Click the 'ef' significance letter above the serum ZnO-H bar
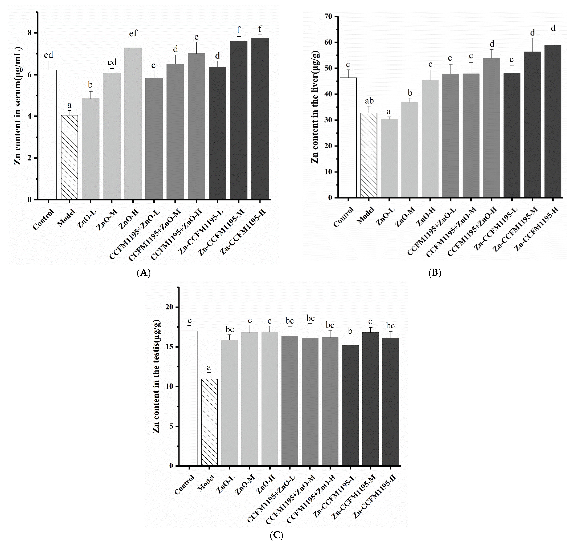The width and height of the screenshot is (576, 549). point(133,33)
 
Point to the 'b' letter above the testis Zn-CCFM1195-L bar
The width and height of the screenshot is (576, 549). point(350,331)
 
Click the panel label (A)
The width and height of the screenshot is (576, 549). point(143,273)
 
